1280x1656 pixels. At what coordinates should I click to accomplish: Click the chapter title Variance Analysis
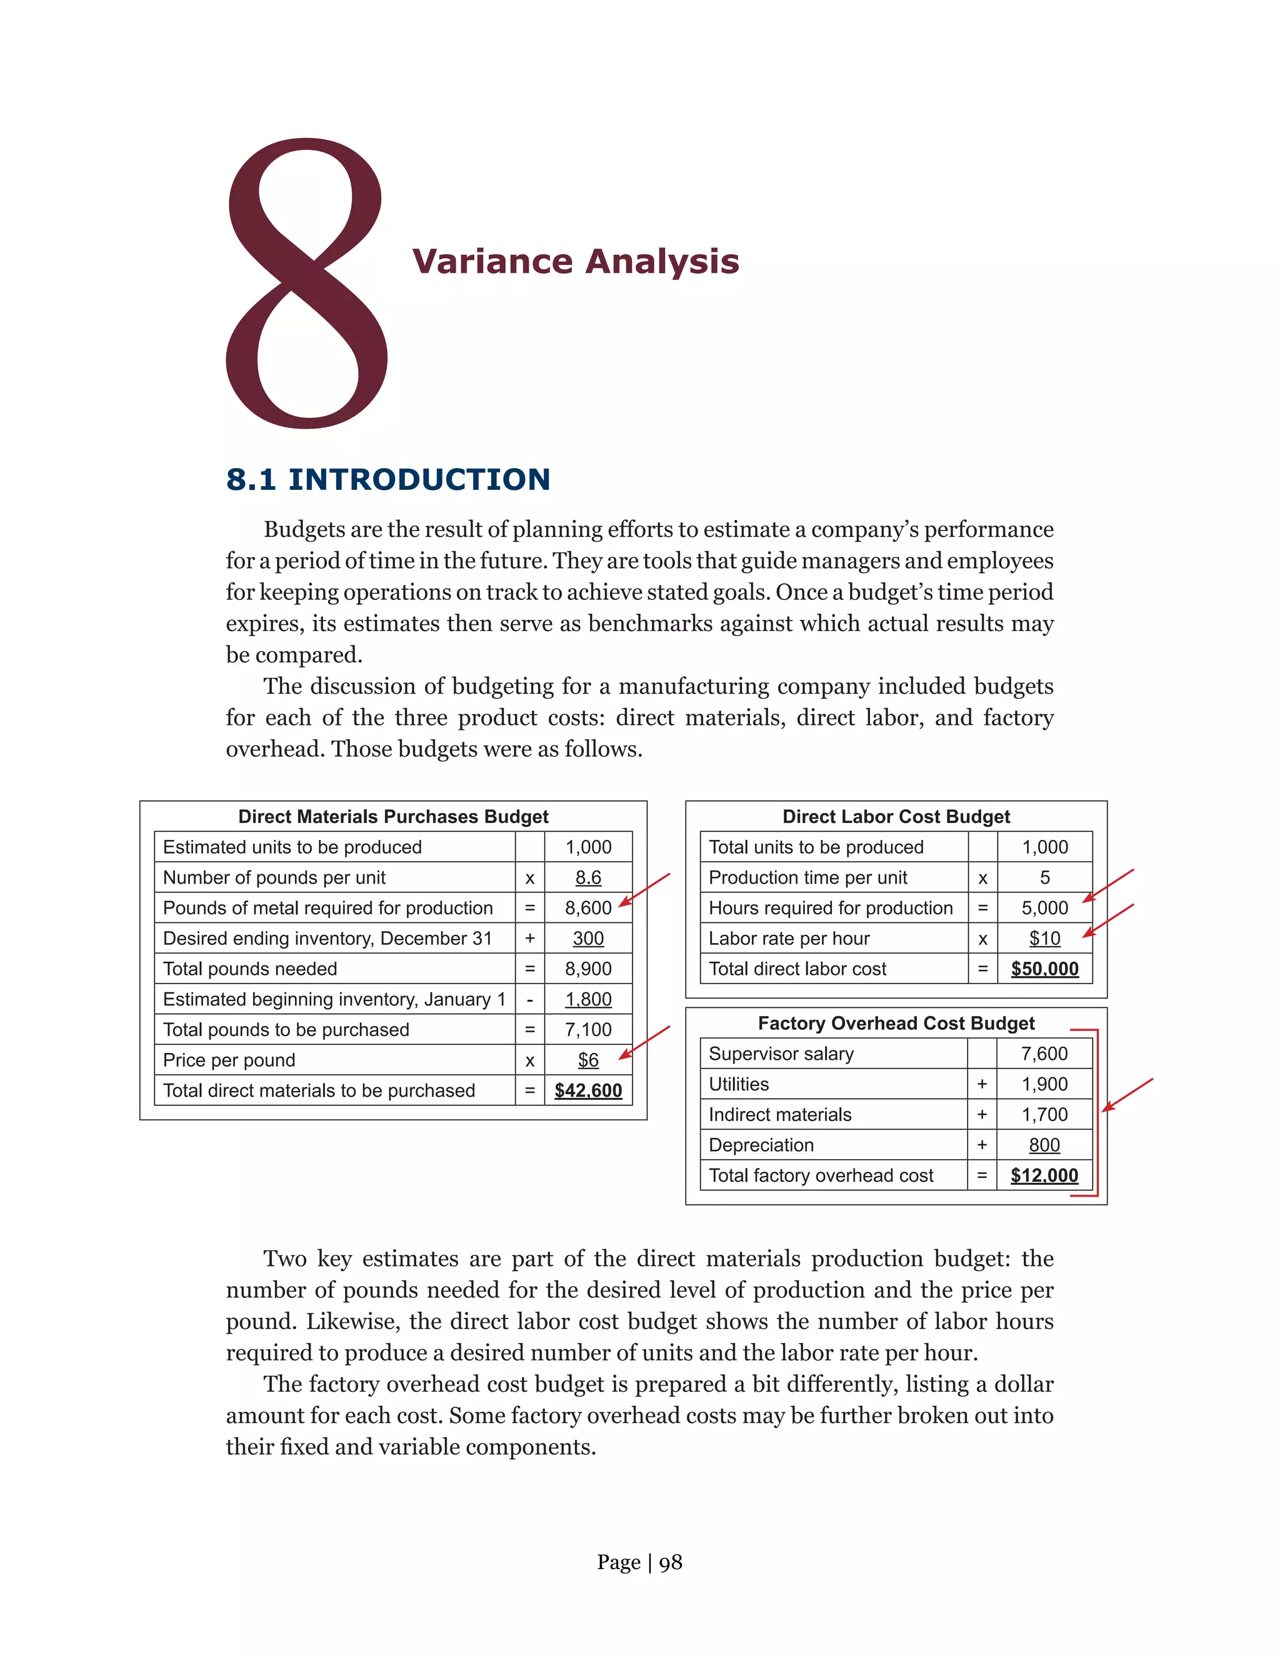pos(575,262)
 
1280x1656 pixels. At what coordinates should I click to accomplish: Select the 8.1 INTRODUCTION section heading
pos(387,479)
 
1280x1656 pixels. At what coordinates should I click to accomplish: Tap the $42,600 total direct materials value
pos(587,1090)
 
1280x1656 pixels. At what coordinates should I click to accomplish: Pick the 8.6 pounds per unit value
pos(587,877)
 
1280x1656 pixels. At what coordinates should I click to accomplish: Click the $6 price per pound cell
pos(587,1060)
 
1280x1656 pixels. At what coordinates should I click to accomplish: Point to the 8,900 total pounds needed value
pos(587,969)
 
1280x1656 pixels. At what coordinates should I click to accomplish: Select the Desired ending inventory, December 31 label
pos(327,939)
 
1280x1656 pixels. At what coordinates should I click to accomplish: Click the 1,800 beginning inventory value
pos(587,999)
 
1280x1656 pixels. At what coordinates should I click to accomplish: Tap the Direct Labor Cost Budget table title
pos(896,817)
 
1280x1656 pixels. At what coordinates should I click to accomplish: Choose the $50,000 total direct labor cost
pos(1044,969)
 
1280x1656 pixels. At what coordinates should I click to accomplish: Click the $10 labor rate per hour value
pos(1044,939)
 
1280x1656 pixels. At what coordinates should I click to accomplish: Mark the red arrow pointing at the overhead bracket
pos(1127,1095)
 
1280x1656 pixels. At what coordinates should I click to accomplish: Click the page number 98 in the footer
pos(671,1563)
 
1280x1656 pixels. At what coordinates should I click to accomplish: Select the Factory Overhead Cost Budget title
pos(896,1024)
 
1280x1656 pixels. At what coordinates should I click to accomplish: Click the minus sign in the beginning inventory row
pos(529,1000)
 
